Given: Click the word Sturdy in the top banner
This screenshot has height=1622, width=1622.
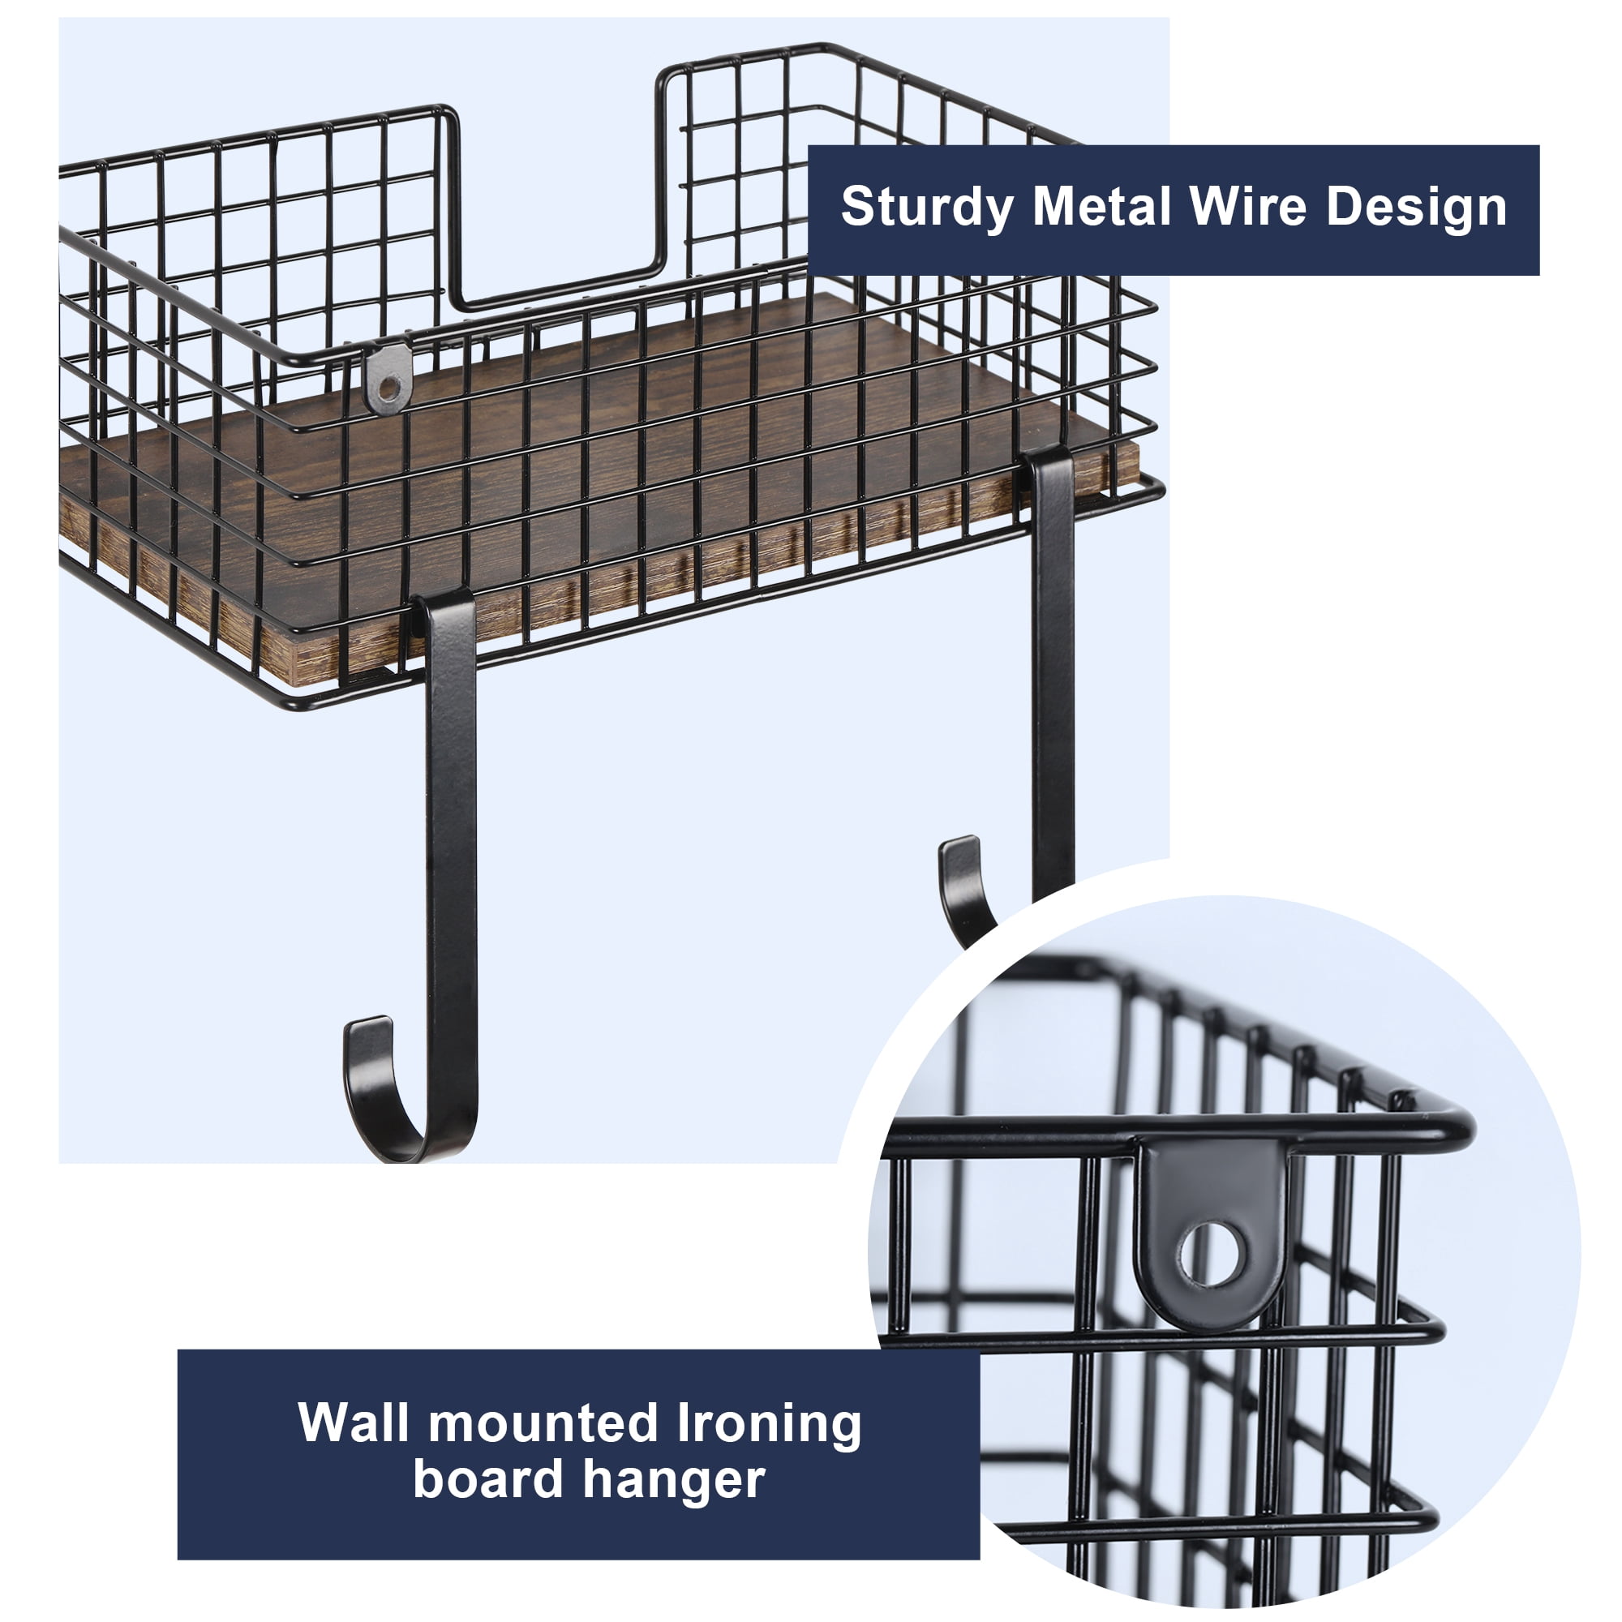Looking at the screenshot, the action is [x=927, y=208].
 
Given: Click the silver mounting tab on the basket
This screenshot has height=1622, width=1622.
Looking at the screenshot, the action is [x=388, y=378].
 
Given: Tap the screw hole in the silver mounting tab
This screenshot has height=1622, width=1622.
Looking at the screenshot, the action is [x=388, y=388].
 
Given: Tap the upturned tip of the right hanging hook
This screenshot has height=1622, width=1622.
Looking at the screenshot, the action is [x=958, y=849].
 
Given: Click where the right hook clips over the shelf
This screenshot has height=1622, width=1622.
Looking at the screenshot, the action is [x=1049, y=470].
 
